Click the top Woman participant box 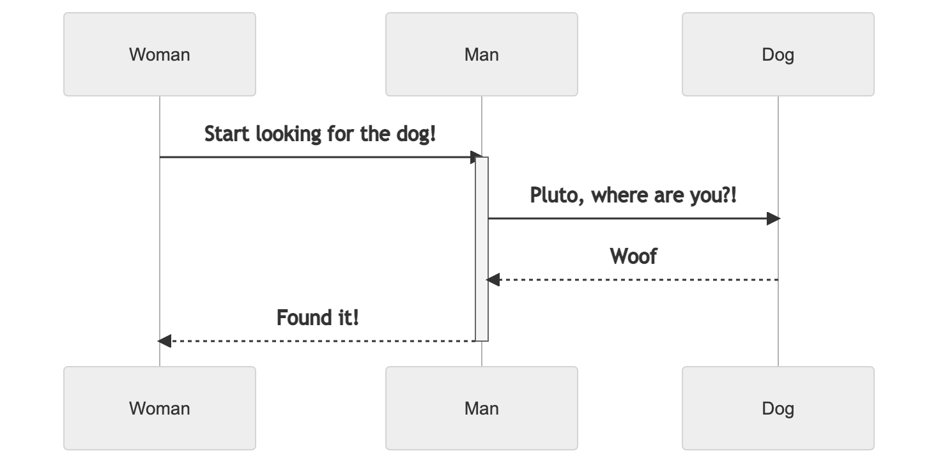(x=160, y=54)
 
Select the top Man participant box (x=481, y=54)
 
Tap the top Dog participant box (x=778, y=54)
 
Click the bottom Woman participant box (x=160, y=408)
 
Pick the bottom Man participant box (x=481, y=408)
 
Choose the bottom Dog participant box (x=778, y=408)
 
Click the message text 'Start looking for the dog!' (x=320, y=135)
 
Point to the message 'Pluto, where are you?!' (x=633, y=195)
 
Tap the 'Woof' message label (x=633, y=257)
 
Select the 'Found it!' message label (x=318, y=317)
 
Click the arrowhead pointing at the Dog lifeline (x=773, y=218)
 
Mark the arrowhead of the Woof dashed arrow (x=493, y=280)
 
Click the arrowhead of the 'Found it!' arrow (x=164, y=341)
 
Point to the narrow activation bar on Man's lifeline (x=482, y=249)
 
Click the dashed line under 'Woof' (x=639, y=280)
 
